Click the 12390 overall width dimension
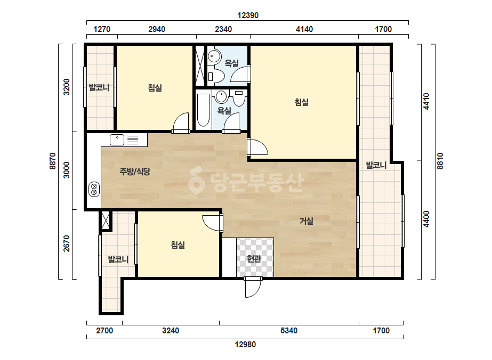click(x=248, y=15)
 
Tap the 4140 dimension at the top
click(x=304, y=29)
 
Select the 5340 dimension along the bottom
click(x=289, y=331)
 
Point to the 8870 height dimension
click(x=52, y=161)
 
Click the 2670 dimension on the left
click(x=67, y=244)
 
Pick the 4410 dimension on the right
click(x=426, y=101)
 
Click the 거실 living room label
click(x=307, y=221)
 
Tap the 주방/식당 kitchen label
click(x=135, y=171)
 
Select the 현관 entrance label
click(x=254, y=259)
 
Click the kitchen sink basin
click(x=117, y=140)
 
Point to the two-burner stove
click(x=94, y=189)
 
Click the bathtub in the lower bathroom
click(x=203, y=110)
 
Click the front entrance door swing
click(x=253, y=288)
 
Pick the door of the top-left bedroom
click(x=181, y=122)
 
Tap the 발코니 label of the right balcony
click(x=376, y=165)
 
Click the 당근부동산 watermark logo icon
click(x=197, y=180)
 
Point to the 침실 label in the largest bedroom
click(x=302, y=102)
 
